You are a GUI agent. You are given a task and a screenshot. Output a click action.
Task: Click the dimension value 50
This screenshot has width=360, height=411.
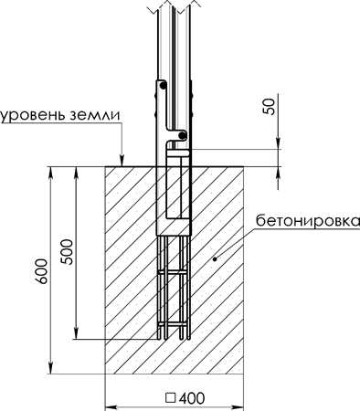tap(270, 107)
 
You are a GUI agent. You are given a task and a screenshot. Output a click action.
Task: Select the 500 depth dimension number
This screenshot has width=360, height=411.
tap(67, 252)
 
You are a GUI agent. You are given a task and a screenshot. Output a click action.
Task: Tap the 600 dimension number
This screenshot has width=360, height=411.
tap(41, 271)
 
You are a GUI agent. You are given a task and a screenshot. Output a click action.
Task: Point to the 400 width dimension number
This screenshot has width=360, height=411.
tap(192, 398)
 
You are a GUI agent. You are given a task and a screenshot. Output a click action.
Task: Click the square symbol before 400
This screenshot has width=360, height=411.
tap(171, 398)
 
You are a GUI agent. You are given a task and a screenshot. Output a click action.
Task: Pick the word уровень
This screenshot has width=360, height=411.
tap(33, 116)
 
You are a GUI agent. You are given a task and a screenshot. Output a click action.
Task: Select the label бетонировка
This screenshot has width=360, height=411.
tap(308, 220)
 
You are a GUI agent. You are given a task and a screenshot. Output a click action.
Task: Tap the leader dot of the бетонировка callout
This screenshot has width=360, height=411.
tap(215, 259)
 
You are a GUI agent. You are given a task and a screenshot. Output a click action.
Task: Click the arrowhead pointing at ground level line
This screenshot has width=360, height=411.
tap(122, 161)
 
